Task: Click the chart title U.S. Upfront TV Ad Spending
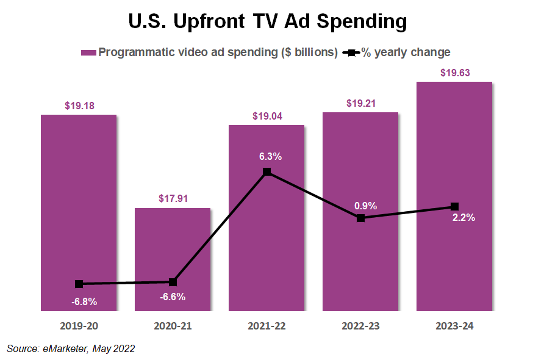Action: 266,22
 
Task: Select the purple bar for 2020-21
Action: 173,259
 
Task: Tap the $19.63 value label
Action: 454,73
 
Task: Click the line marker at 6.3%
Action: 266,172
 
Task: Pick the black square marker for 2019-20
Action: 79,284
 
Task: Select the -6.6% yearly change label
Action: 173,297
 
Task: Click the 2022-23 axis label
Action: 360,326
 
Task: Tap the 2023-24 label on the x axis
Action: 454,326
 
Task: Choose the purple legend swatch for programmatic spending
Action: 88,52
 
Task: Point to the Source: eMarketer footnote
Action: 71,348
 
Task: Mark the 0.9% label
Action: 365,206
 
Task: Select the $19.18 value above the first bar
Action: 79,106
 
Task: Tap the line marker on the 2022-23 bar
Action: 360,218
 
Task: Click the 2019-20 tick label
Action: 79,326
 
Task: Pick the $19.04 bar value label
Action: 266,117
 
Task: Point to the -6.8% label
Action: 83,301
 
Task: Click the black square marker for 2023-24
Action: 454,206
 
